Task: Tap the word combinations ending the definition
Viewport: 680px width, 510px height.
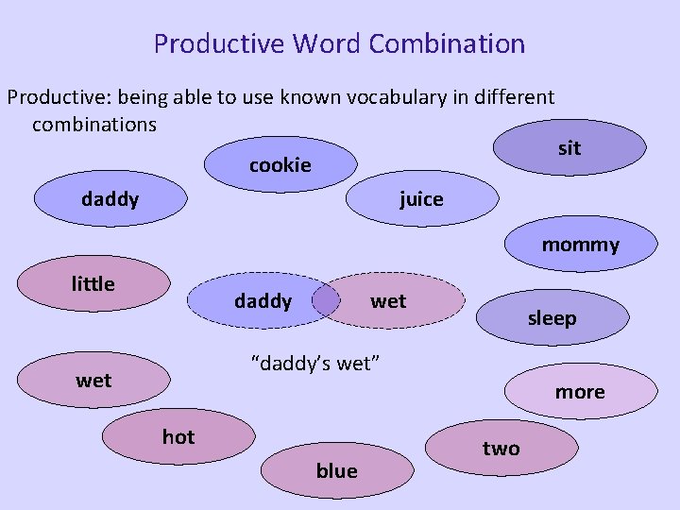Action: (94, 124)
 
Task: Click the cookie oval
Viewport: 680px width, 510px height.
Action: (280, 165)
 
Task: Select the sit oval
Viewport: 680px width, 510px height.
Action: (569, 148)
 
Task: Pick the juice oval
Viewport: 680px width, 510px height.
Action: (422, 199)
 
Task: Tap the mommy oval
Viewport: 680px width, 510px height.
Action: (580, 246)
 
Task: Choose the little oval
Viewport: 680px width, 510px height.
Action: (93, 283)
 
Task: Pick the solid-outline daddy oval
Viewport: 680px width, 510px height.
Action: (110, 199)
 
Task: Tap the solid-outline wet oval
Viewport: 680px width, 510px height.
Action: (93, 381)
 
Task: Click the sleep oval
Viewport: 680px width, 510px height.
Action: (552, 318)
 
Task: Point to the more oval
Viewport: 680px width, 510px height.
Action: (580, 392)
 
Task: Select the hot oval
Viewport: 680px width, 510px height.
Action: (178, 436)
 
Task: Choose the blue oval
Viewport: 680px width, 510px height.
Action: (337, 470)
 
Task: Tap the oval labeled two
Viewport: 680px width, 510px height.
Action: (501, 449)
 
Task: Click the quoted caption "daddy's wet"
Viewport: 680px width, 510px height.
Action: (314, 363)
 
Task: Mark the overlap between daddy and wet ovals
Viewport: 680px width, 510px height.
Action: (326, 301)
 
